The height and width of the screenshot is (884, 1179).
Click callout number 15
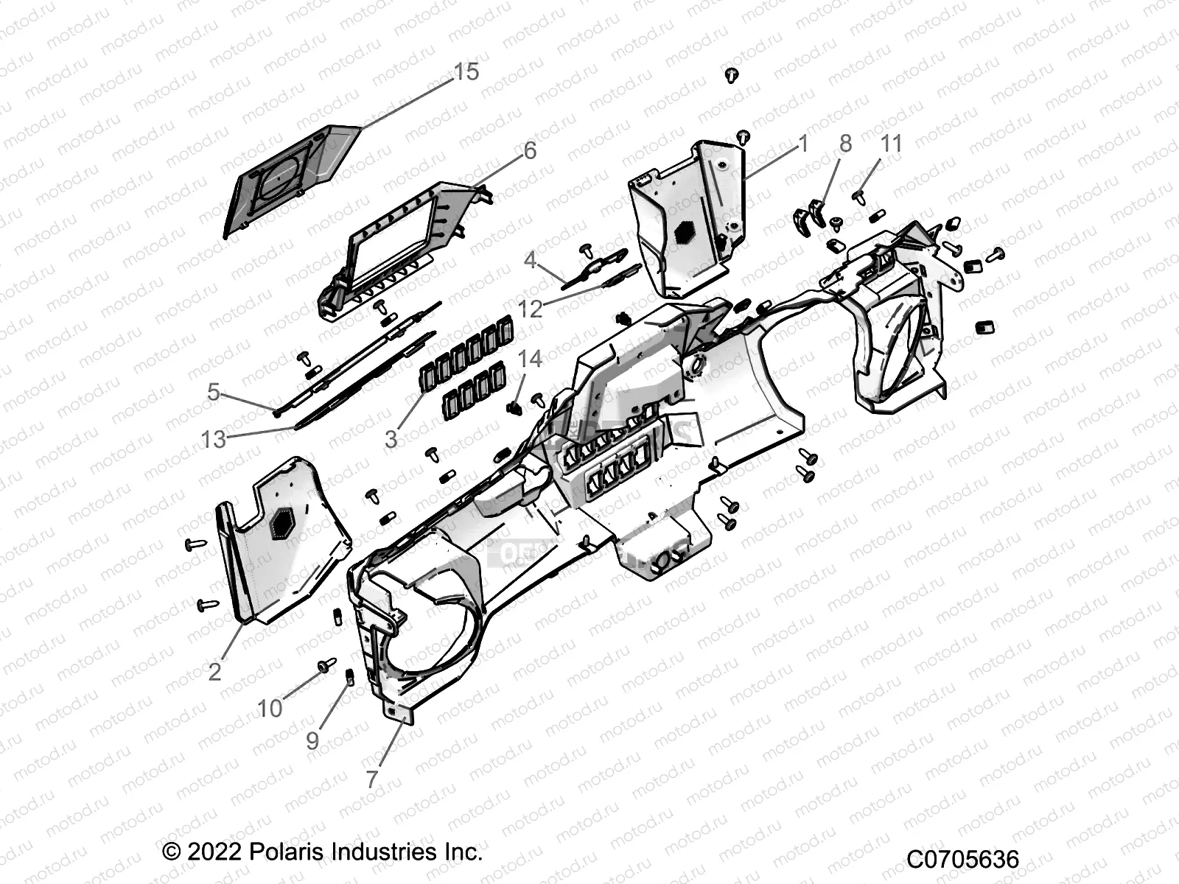(x=466, y=72)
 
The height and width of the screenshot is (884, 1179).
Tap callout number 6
(x=530, y=150)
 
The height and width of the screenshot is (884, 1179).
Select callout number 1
(x=803, y=144)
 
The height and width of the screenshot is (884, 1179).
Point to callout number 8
(x=845, y=144)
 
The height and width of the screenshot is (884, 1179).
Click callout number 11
(x=891, y=144)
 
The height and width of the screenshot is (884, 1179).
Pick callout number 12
(x=530, y=309)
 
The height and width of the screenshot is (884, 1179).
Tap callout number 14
(x=530, y=359)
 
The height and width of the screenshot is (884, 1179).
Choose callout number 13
(x=214, y=440)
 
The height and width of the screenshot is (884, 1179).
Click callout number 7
(x=372, y=779)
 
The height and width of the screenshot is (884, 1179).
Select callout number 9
(x=312, y=741)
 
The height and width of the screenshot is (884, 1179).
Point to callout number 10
(x=270, y=709)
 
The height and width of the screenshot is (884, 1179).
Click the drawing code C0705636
(x=962, y=859)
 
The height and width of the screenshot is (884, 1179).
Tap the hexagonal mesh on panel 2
(x=282, y=525)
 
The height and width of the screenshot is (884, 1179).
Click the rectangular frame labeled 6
(x=402, y=247)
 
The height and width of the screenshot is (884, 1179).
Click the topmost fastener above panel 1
(x=731, y=74)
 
